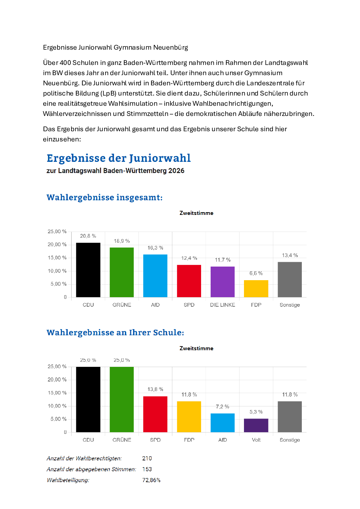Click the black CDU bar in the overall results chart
(x=88, y=270)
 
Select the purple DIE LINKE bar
(x=223, y=282)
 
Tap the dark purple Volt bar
(x=256, y=425)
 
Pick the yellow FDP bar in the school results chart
(x=189, y=417)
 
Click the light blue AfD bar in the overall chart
(x=155, y=276)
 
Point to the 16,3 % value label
(x=155, y=248)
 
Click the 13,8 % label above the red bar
(x=155, y=389)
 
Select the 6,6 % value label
(x=256, y=273)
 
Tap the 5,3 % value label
(x=256, y=412)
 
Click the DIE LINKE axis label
(x=223, y=305)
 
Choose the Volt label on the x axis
(x=256, y=440)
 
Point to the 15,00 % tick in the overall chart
(x=57, y=258)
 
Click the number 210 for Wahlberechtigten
(x=147, y=458)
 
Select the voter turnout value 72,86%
(x=151, y=480)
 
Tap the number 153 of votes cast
(x=147, y=469)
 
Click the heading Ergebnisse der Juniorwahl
(x=118, y=158)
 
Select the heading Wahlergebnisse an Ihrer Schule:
(x=115, y=333)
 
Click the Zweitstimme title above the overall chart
(x=196, y=213)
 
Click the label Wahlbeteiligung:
(x=68, y=480)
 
